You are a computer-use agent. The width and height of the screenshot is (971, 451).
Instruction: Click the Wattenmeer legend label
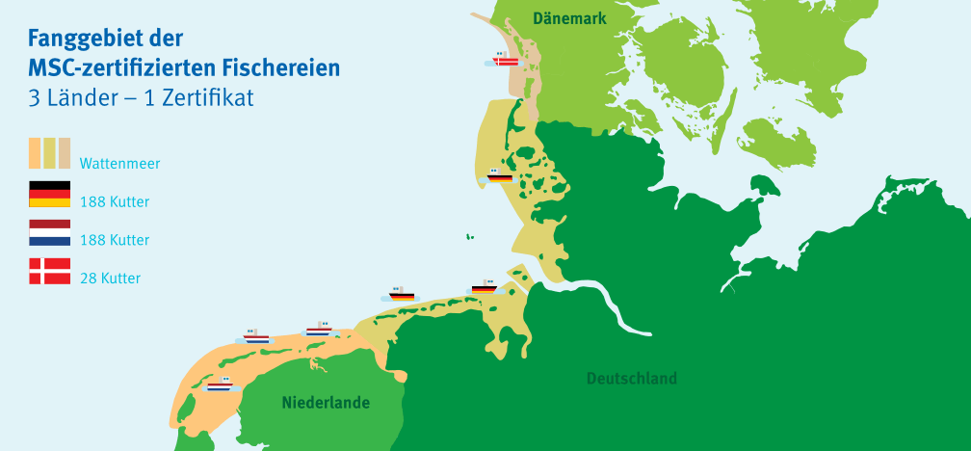coord(119,164)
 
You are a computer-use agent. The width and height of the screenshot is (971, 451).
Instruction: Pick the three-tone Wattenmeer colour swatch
coord(49,153)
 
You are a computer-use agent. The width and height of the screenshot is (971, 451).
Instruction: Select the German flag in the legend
coord(49,194)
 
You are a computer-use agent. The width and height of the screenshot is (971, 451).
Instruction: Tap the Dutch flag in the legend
coord(49,232)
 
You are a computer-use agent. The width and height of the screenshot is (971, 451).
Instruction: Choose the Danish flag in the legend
coord(49,271)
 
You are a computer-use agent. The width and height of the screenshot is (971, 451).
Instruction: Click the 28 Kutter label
coord(110,279)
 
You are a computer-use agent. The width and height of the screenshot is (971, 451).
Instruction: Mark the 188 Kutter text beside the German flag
coord(115,202)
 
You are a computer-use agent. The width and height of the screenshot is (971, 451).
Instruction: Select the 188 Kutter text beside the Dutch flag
coord(115,240)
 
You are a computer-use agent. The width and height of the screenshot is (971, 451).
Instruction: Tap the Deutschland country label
coord(631,378)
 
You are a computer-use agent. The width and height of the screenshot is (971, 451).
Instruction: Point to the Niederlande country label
coord(326,403)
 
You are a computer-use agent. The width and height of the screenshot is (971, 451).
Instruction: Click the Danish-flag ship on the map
coord(505,60)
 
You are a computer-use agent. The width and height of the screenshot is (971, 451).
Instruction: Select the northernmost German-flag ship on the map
coord(498,176)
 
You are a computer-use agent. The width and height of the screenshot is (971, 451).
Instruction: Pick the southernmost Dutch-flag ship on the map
coord(220,385)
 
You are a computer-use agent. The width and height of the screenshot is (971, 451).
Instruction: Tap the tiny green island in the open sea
coord(470,235)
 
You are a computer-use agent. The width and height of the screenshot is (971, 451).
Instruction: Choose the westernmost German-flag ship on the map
coord(401,295)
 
